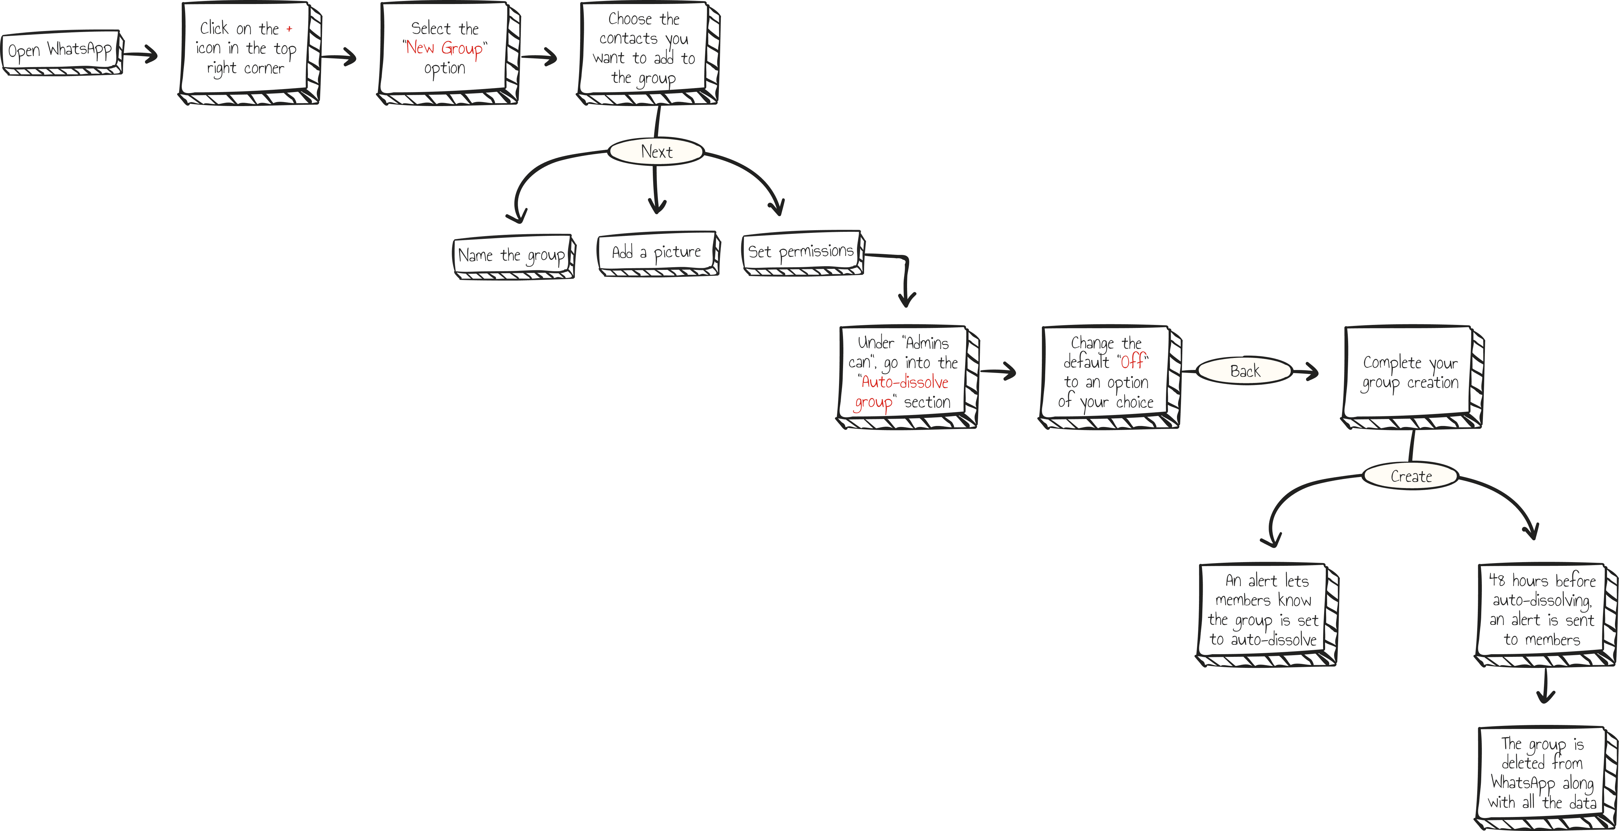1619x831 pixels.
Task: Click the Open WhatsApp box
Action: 60,50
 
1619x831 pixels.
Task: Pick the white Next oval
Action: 656,151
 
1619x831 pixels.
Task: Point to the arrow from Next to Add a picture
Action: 656,188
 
